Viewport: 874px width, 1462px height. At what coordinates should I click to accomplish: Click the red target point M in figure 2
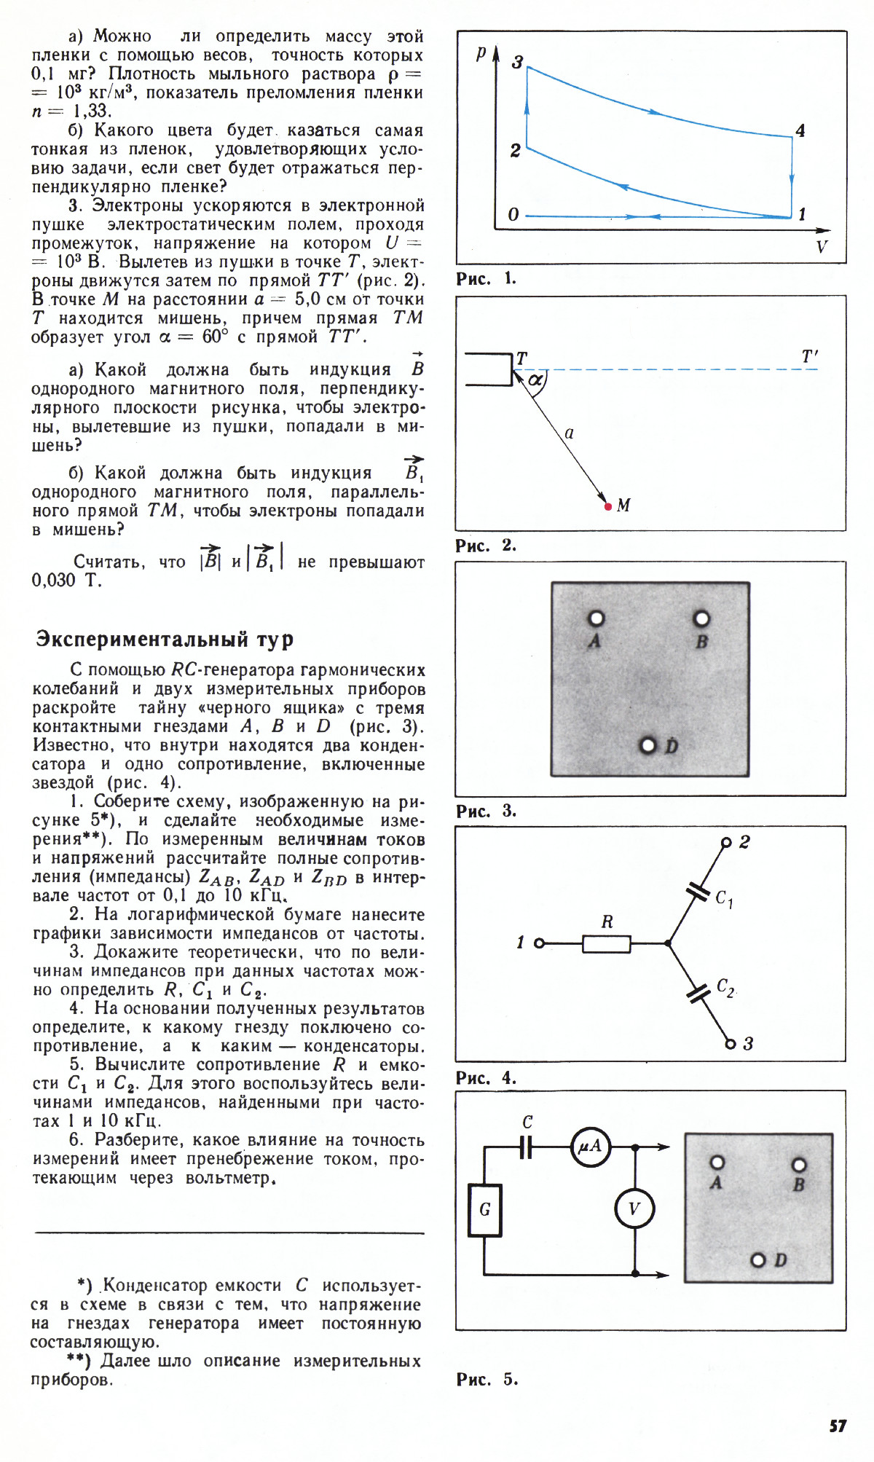click(608, 506)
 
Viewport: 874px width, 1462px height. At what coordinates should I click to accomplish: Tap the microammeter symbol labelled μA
click(590, 1147)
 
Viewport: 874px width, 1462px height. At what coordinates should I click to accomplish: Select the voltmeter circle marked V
click(634, 1208)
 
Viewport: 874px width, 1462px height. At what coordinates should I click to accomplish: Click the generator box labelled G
click(485, 1210)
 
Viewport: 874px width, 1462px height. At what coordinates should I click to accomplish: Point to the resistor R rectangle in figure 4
click(607, 943)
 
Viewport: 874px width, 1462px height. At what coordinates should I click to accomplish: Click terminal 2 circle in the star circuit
click(725, 843)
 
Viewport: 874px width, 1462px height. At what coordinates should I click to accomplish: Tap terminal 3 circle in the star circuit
click(730, 1044)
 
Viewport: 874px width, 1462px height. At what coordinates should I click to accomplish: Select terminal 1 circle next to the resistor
click(539, 943)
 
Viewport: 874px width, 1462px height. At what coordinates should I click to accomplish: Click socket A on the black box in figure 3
click(596, 618)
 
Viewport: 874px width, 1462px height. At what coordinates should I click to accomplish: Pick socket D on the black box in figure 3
click(647, 745)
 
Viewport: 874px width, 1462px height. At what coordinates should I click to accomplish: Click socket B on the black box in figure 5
click(799, 1165)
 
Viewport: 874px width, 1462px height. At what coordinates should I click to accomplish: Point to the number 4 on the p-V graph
click(800, 130)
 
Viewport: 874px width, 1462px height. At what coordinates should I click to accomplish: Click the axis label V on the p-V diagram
click(822, 247)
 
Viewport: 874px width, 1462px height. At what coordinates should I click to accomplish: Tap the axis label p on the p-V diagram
click(481, 53)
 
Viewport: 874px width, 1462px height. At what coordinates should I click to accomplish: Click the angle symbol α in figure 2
click(535, 380)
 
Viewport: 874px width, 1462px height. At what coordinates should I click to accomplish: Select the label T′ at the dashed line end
click(810, 356)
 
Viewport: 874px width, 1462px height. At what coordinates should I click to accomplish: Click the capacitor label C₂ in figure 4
click(725, 987)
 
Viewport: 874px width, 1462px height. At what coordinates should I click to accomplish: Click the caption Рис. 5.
click(487, 1379)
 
